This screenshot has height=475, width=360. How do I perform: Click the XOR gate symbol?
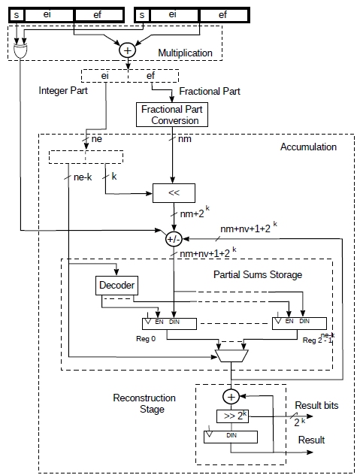20,51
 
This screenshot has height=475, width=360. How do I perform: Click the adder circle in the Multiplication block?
127,50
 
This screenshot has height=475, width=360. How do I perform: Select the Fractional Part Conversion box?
172,115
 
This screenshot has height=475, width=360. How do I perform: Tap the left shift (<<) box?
174,193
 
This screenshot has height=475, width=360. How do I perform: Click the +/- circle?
174,239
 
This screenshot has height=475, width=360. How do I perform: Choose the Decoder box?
116,286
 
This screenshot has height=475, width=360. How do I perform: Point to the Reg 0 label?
146,339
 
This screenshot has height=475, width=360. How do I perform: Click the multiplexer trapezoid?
231,355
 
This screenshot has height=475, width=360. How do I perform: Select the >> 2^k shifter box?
232,416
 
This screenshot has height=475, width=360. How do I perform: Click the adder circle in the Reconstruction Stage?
231,397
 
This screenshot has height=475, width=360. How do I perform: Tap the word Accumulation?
308,147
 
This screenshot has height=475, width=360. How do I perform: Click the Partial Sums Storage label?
258,275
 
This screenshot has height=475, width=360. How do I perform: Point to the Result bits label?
316,405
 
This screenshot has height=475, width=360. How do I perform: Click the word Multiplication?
185,53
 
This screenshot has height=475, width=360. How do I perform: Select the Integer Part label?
63,91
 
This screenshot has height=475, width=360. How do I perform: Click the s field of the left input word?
17,15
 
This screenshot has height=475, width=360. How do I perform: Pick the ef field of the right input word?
224,15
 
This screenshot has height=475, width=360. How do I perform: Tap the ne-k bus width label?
83,177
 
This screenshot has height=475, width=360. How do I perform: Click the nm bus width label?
185,139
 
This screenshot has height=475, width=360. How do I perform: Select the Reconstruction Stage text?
144,404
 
